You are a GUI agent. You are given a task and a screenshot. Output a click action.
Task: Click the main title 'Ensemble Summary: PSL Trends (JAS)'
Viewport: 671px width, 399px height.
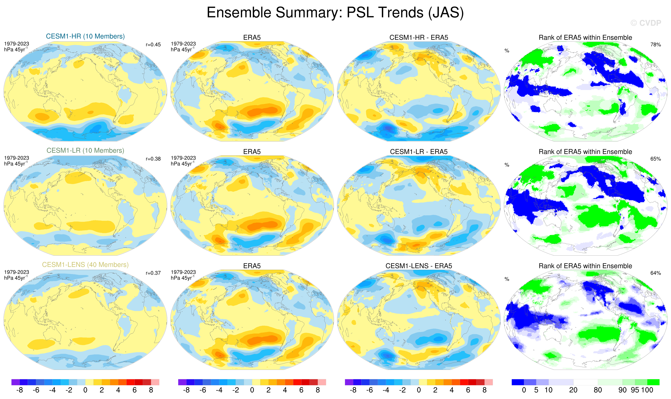[335, 13]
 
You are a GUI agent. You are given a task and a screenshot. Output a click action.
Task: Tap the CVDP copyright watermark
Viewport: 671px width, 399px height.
[646, 23]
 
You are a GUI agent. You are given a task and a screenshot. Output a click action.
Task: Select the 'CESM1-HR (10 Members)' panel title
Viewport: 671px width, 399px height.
[85, 36]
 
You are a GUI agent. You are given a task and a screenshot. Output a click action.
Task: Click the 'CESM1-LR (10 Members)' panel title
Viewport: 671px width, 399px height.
[85, 151]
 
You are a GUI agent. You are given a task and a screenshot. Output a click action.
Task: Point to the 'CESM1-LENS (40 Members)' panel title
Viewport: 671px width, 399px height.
[85, 265]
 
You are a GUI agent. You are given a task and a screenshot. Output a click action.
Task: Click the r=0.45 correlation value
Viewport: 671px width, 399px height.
[153, 45]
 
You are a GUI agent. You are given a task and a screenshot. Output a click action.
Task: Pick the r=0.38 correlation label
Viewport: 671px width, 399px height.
[153, 159]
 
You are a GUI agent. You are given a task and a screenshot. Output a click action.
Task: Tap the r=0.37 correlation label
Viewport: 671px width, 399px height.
[153, 273]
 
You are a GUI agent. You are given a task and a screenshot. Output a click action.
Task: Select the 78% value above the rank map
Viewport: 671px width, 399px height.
[655, 45]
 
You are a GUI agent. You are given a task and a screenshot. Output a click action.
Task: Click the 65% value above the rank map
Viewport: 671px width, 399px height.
[655, 159]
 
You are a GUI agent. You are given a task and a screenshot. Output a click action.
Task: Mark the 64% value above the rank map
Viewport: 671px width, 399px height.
[655, 273]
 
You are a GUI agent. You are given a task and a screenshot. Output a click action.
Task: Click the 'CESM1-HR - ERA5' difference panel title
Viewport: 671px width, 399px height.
[419, 38]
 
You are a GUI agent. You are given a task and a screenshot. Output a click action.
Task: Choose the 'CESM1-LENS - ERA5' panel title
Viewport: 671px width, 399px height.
[419, 266]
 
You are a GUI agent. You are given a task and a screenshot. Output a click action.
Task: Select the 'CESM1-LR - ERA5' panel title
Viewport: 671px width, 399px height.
[419, 152]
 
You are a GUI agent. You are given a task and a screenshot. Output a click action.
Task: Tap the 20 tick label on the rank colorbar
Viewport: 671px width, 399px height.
[573, 390]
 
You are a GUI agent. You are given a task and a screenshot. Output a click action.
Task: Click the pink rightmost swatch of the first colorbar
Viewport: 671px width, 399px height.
[155, 382]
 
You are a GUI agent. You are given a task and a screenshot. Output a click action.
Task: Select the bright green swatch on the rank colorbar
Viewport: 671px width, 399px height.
[653, 382]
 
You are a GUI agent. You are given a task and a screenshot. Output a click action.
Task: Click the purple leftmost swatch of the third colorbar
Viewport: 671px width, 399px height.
[349, 382]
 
